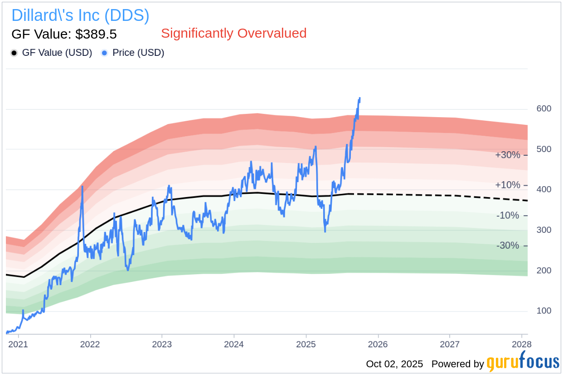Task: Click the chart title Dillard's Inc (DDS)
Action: [x=80, y=15]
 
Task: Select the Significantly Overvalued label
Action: [x=233, y=33]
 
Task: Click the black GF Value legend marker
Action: [x=14, y=53]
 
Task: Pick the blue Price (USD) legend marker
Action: [x=104, y=53]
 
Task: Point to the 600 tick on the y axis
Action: [x=544, y=109]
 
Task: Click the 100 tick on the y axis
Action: [x=544, y=311]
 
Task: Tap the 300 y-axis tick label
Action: [x=544, y=230]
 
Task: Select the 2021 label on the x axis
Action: [x=18, y=344]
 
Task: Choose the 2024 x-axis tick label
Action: [x=234, y=344]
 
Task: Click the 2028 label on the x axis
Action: [x=521, y=344]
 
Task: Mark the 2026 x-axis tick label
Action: [x=378, y=344]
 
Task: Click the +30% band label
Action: [x=508, y=155]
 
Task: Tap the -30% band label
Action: [x=508, y=246]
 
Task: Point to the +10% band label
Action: [x=508, y=185]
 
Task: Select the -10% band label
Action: [x=508, y=215]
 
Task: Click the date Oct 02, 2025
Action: [x=394, y=364]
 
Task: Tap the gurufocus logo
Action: [x=523, y=363]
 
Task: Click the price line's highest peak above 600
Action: [x=359, y=98]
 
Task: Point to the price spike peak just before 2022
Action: [x=82, y=187]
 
